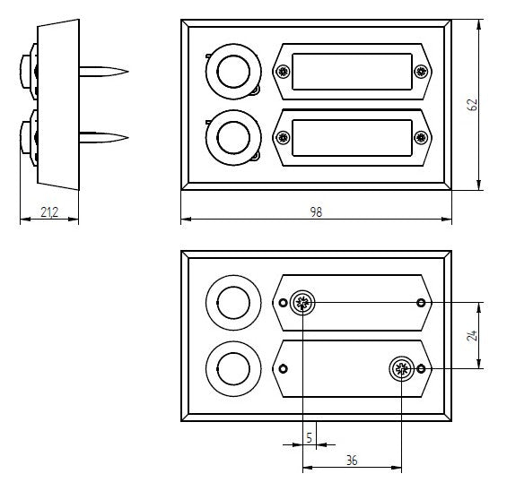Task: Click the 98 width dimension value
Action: click(316, 211)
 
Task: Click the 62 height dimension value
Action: click(472, 105)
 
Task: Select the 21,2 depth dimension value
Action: click(49, 212)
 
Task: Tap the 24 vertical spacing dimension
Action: click(472, 335)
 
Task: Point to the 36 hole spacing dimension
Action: click(352, 461)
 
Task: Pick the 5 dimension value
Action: click(309, 438)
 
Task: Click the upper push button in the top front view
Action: click(233, 72)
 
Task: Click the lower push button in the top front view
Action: click(233, 138)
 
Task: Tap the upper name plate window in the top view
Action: click(352, 72)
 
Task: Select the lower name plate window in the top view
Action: click(352, 138)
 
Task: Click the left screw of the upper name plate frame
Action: click(284, 72)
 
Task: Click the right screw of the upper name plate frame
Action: click(421, 72)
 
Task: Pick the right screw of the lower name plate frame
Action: click(421, 137)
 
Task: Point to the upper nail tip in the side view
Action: click(128, 72)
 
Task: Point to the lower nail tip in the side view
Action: click(128, 138)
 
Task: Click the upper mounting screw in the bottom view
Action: click(302, 303)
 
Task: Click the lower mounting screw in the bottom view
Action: click(402, 368)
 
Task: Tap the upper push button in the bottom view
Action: click(233, 303)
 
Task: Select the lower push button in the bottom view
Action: click(233, 368)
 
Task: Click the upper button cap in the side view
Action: click(26, 72)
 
